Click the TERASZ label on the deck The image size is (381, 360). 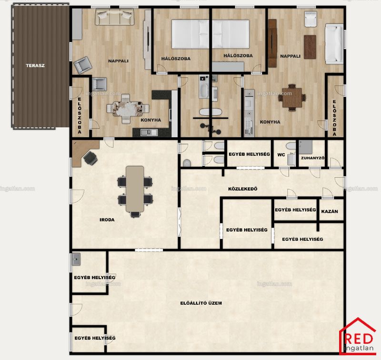tap(35, 66)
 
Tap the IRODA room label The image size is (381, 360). tap(107, 220)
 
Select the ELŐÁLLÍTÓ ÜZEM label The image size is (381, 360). tap(201, 303)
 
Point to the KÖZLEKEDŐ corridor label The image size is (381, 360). tap(243, 189)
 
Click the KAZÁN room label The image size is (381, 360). tap(330, 211)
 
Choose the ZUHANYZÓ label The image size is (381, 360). tap(313, 158)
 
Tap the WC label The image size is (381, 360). tap(281, 155)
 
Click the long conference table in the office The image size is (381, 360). tap(135, 189)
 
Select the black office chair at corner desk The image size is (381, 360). tap(90, 158)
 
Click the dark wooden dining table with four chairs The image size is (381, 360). tap(292, 98)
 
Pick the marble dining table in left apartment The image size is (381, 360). tap(128, 109)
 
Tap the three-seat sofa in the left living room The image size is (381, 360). tap(114, 17)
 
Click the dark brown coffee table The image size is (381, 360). tap(310, 47)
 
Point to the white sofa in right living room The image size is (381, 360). tap(334, 44)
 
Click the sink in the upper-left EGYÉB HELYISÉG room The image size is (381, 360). tap(76, 260)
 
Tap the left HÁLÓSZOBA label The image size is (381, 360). tap(176, 59)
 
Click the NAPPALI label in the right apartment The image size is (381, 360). tap(290, 56)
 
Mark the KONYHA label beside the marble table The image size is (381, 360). tap(150, 120)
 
